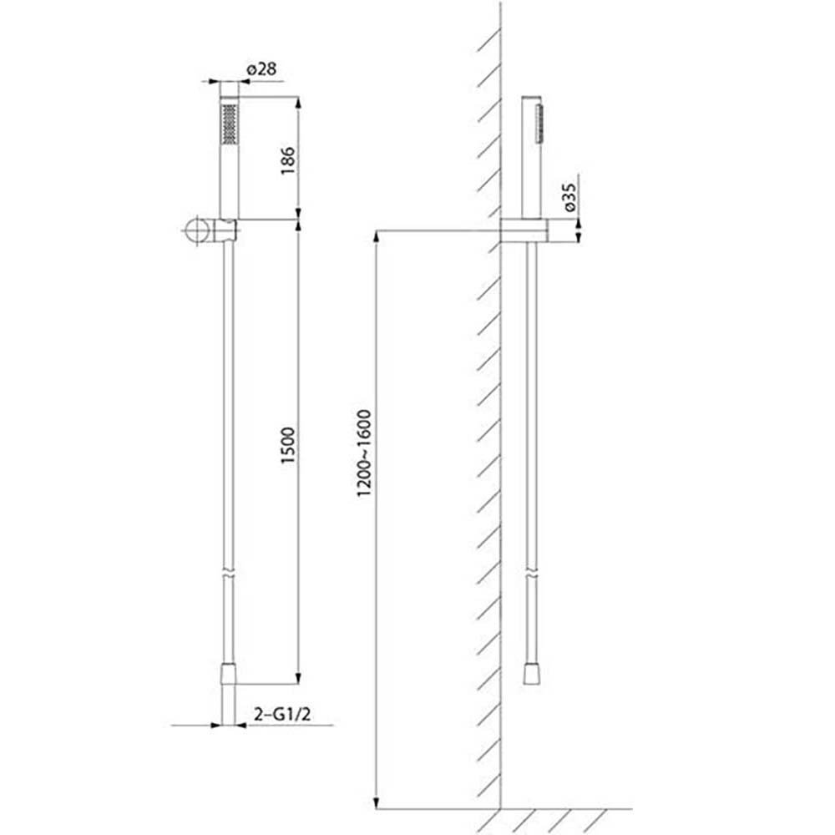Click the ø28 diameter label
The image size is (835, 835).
point(261,69)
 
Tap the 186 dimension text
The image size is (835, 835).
point(287,160)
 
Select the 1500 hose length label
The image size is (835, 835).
point(287,445)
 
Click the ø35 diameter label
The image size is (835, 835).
point(569,197)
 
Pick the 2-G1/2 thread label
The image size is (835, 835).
point(282,714)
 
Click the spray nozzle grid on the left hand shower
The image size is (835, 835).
point(229,124)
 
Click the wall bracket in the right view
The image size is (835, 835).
point(524,230)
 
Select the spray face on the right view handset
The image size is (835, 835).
point(540,123)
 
